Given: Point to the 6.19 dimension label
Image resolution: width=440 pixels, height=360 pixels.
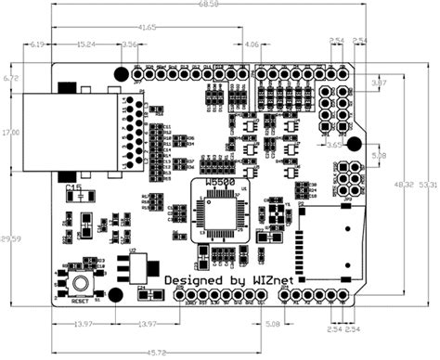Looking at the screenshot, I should pos(37,44).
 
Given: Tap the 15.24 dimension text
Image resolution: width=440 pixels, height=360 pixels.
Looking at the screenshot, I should pos(84,44).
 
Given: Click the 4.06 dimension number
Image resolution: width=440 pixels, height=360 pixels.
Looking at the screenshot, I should pos(251,44).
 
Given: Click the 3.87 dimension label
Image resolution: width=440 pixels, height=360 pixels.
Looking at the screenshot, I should pos(379,84).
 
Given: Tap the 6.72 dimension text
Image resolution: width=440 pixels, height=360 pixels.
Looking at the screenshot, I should pos(11,79).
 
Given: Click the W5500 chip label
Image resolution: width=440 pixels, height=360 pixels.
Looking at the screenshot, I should pos(219,185).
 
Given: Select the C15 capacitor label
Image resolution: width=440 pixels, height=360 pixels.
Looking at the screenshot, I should pos(74,189).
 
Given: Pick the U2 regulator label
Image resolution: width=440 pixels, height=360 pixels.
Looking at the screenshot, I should pos(132,251).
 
